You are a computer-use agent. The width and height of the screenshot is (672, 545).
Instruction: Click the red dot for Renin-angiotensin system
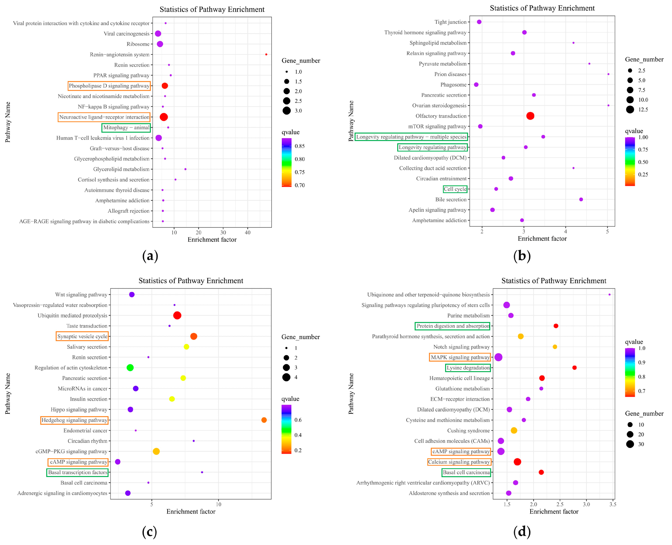click(266, 55)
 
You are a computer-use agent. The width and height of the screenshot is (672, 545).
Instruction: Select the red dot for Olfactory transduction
click(530, 116)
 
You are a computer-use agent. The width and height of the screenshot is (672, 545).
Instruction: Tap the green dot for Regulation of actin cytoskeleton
click(130, 368)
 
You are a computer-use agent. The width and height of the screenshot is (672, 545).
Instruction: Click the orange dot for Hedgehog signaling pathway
click(264, 420)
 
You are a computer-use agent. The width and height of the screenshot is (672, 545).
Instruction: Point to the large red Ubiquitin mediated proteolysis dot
click(177, 315)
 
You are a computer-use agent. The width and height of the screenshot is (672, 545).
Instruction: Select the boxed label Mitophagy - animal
click(126, 128)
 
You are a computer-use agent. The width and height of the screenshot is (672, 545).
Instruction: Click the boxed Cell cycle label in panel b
click(455, 189)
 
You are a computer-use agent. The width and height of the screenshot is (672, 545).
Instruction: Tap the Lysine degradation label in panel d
click(468, 368)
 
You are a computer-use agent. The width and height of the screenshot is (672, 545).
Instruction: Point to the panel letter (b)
click(522, 256)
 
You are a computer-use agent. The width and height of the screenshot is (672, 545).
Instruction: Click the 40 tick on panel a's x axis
click(248, 233)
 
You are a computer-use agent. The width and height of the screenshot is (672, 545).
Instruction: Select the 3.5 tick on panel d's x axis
click(612, 505)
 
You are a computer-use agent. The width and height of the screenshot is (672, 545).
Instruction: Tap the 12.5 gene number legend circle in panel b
click(630, 110)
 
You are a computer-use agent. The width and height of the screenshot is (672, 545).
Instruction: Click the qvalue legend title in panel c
click(290, 399)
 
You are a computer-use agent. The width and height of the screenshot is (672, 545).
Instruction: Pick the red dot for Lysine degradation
click(574, 368)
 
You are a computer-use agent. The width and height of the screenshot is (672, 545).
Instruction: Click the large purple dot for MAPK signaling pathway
click(498, 357)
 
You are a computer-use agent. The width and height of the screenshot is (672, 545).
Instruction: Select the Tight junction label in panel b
click(450, 22)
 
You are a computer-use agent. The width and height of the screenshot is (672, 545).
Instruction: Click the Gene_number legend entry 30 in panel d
click(630, 444)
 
